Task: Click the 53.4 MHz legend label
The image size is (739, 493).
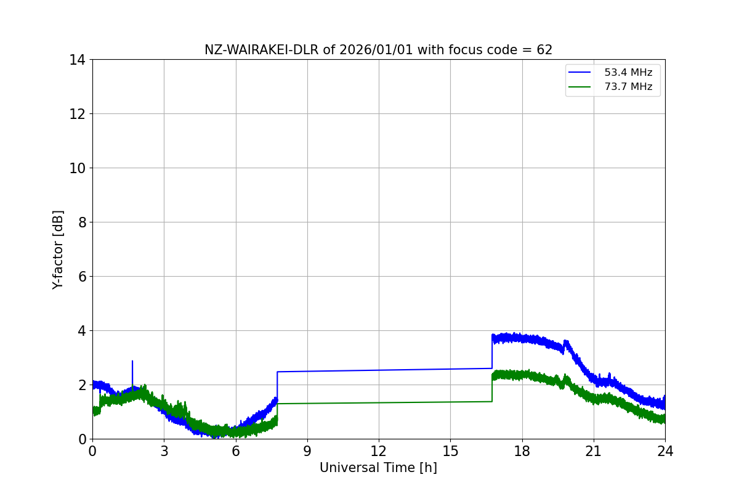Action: [x=628, y=72]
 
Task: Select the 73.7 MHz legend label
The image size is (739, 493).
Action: [x=628, y=86]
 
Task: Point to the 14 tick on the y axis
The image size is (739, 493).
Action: [x=77, y=60]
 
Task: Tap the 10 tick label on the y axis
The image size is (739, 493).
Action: [x=77, y=168]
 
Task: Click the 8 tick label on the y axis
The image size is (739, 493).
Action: [x=82, y=222]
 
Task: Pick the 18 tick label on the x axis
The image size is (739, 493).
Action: [x=522, y=451]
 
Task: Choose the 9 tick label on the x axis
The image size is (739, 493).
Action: [x=307, y=451]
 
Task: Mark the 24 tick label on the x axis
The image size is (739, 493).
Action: [x=665, y=451]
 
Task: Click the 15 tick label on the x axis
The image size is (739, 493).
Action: [x=450, y=451]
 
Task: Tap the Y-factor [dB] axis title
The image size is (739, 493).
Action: [x=58, y=250]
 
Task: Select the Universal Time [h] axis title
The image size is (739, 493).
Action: [x=378, y=468]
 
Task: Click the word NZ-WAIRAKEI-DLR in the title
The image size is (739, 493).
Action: [x=262, y=50]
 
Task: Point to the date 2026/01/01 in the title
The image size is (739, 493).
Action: [x=376, y=50]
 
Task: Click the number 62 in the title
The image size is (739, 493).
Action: [x=544, y=50]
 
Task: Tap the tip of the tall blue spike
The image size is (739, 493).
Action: [x=132, y=361]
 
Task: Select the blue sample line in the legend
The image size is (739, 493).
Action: [x=579, y=72]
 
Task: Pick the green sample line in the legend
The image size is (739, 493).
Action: [x=579, y=87]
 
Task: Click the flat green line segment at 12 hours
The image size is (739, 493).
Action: [x=379, y=402]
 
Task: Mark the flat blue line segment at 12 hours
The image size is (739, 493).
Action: [x=379, y=370]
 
